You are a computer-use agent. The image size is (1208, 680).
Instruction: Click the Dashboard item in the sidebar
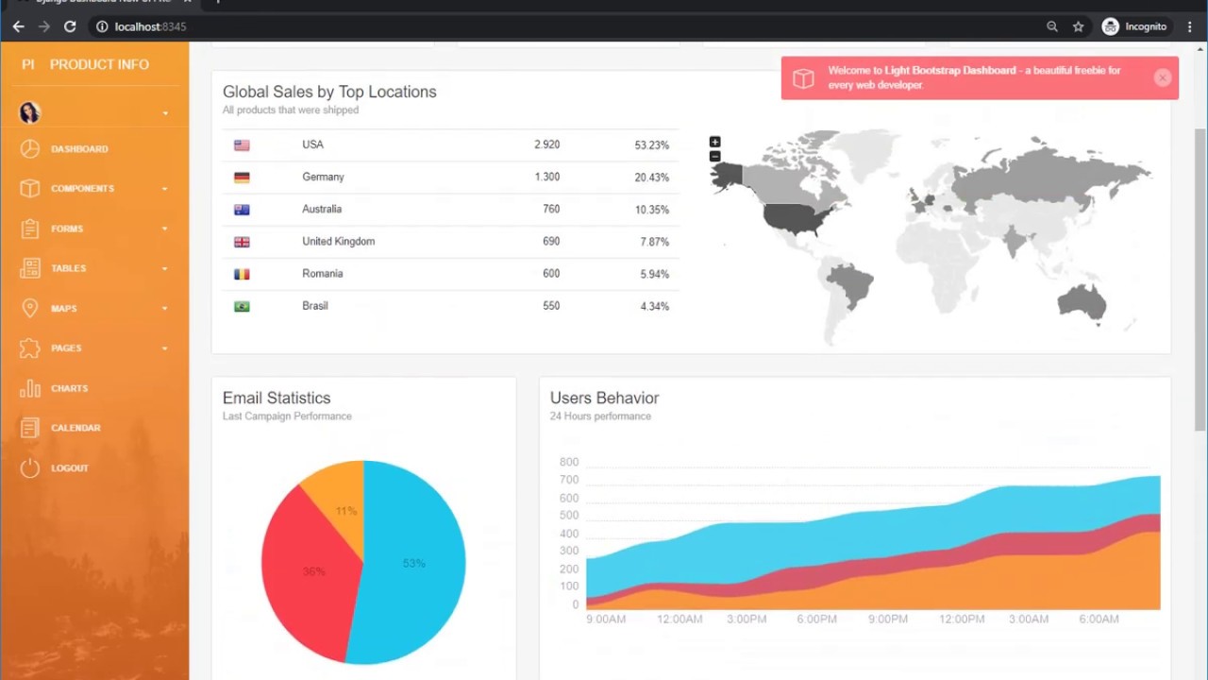pyautogui.click(x=79, y=149)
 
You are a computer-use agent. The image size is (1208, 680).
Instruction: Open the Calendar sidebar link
pyautogui.click(x=75, y=428)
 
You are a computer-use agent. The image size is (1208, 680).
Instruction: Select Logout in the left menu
pyautogui.click(x=69, y=468)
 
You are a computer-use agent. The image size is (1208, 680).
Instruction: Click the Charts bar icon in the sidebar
pyautogui.click(x=30, y=388)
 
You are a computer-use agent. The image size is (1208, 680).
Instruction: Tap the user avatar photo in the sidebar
pyautogui.click(x=29, y=112)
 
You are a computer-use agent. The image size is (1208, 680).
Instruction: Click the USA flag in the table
pyautogui.click(x=242, y=145)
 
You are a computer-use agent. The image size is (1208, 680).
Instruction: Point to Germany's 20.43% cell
pyautogui.click(x=651, y=178)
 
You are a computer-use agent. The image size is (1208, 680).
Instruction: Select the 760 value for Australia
pyautogui.click(x=551, y=209)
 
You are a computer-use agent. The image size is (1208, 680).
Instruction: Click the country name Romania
pyautogui.click(x=322, y=273)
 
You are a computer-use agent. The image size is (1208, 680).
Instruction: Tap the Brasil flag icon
pyautogui.click(x=242, y=306)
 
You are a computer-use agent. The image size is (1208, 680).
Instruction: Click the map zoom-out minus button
pyautogui.click(x=714, y=156)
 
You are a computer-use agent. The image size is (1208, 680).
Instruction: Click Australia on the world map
pyautogui.click(x=1082, y=302)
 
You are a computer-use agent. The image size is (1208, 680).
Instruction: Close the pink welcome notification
pyautogui.click(x=1163, y=78)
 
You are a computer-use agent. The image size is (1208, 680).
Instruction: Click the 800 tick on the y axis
pyautogui.click(x=568, y=462)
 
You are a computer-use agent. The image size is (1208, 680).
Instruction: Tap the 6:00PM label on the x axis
pyautogui.click(x=816, y=620)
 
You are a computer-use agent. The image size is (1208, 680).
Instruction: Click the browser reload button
pyautogui.click(x=70, y=26)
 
